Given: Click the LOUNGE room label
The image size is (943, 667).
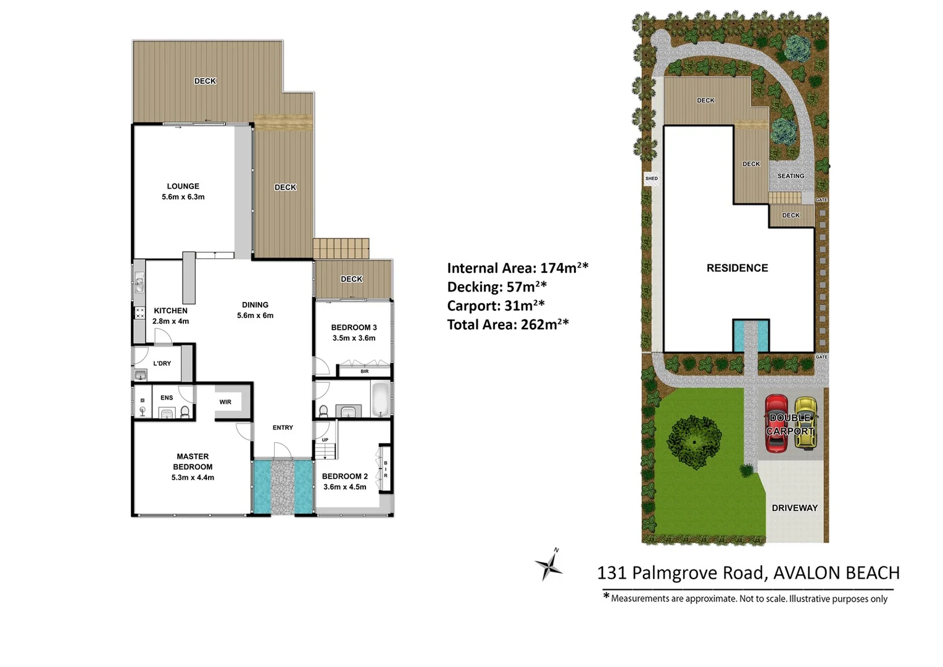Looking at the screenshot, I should pyautogui.click(x=183, y=191).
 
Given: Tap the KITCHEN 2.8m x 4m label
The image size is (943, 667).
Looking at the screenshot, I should pyautogui.click(x=171, y=316).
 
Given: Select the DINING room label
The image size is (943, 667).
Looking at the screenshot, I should pyautogui.click(x=255, y=310).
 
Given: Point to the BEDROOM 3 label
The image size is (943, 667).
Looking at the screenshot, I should pyautogui.click(x=354, y=332).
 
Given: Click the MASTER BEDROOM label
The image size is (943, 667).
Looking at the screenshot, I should pyautogui.click(x=193, y=467).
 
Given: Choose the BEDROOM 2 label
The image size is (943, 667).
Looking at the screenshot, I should pyautogui.click(x=345, y=481).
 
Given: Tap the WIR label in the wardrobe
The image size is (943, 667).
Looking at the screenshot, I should pyautogui.click(x=225, y=402).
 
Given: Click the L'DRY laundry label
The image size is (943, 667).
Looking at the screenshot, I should pyautogui.click(x=162, y=364).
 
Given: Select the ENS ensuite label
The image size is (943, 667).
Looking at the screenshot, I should pyautogui.click(x=167, y=398).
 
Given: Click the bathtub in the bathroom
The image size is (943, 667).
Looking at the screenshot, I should pyautogui.click(x=380, y=400).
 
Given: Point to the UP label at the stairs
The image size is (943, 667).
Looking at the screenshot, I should pyautogui.click(x=325, y=440).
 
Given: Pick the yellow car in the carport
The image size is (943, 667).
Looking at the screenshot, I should pyautogui.click(x=805, y=423).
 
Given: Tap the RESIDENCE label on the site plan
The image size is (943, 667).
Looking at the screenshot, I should pyautogui.click(x=737, y=268).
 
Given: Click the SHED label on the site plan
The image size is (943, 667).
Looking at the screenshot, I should pyautogui.click(x=652, y=178).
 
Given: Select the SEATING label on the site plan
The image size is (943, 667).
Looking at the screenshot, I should pyautogui.click(x=791, y=176).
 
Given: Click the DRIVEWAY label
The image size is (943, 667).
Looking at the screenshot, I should pyautogui.click(x=794, y=508).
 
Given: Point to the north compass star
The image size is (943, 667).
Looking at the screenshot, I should pyautogui.click(x=548, y=565).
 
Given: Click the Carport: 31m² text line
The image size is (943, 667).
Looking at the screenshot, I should pyautogui.click(x=496, y=306).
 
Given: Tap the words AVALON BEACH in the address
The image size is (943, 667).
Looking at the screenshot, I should pyautogui.click(x=836, y=573).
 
